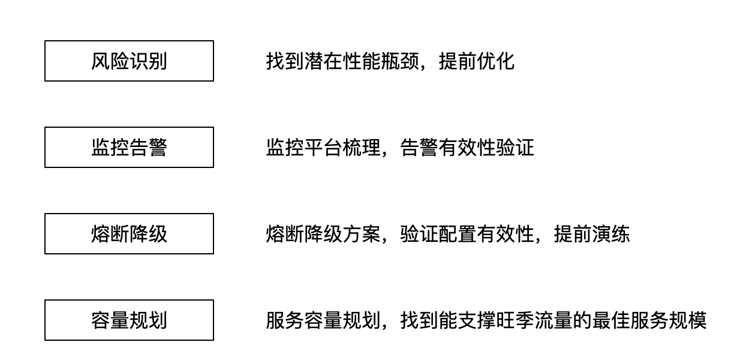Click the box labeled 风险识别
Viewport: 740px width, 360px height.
[x=129, y=61]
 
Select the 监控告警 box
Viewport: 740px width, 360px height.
[x=129, y=148]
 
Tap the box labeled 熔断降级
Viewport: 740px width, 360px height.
[x=129, y=234]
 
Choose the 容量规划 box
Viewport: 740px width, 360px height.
[x=129, y=320]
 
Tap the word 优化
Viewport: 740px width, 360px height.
[x=495, y=61]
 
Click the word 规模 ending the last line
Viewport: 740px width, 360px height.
[x=688, y=320]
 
